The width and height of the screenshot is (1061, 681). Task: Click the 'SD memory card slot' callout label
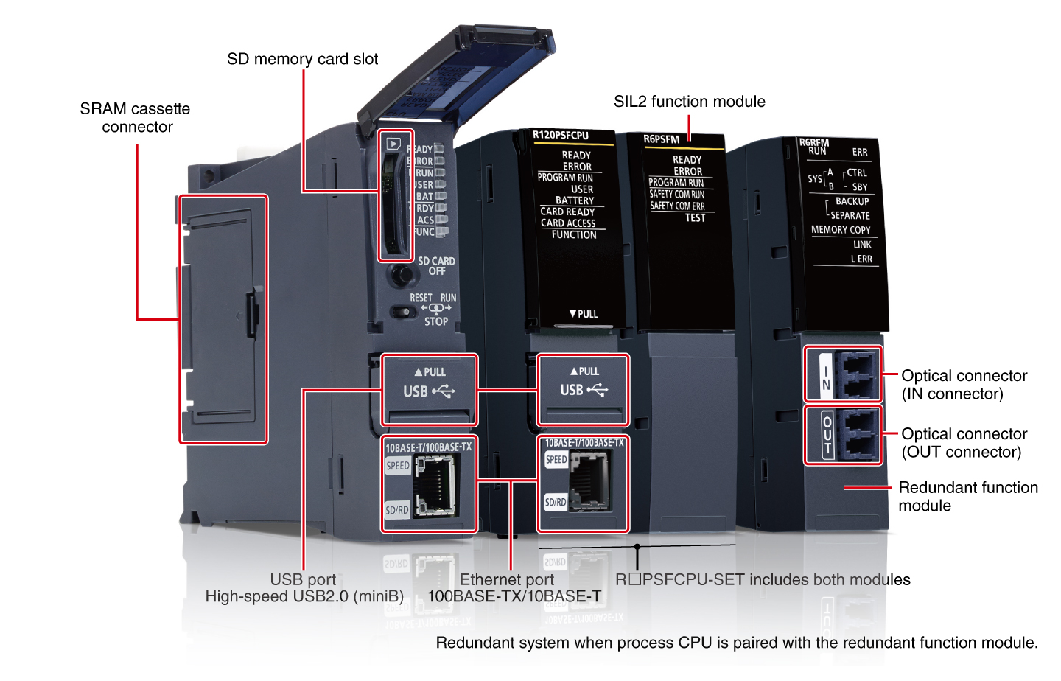[302, 59]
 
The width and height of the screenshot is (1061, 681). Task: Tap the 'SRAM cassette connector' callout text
[136, 118]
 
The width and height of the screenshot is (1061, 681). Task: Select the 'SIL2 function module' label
[689, 102]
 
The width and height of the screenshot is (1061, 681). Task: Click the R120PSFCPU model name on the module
[561, 136]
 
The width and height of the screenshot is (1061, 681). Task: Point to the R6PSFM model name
[661, 139]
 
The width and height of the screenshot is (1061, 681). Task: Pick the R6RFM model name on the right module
[814, 142]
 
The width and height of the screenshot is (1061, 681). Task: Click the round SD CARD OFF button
[402, 275]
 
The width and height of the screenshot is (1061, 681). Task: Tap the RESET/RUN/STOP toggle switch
[403, 312]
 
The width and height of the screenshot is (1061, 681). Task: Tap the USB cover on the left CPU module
[430, 390]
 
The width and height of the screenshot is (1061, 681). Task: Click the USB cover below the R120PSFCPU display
[584, 389]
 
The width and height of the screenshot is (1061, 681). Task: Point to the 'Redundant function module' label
[967, 497]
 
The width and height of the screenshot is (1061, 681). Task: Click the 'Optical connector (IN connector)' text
[964, 385]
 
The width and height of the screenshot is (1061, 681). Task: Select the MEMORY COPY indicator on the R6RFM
[841, 230]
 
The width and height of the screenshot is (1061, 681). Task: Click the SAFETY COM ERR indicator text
[677, 206]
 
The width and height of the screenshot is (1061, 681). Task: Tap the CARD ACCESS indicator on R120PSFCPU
[568, 223]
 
